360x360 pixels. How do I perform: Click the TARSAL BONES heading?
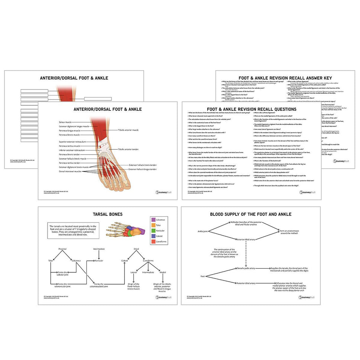click(107, 214)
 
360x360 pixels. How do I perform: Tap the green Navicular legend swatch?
click(153, 231)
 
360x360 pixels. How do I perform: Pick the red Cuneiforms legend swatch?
click(153, 242)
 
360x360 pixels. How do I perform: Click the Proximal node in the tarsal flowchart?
click(62, 249)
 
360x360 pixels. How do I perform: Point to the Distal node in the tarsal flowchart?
click(136, 249)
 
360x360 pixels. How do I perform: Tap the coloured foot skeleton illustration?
click(126, 230)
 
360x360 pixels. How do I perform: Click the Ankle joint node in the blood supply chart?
click(203, 231)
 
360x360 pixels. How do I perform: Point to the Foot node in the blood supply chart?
click(202, 276)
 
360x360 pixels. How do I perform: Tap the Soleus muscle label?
click(65, 122)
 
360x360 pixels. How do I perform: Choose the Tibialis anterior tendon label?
click(128, 149)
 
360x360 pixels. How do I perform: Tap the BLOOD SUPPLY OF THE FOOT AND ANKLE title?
click(250, 214)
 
